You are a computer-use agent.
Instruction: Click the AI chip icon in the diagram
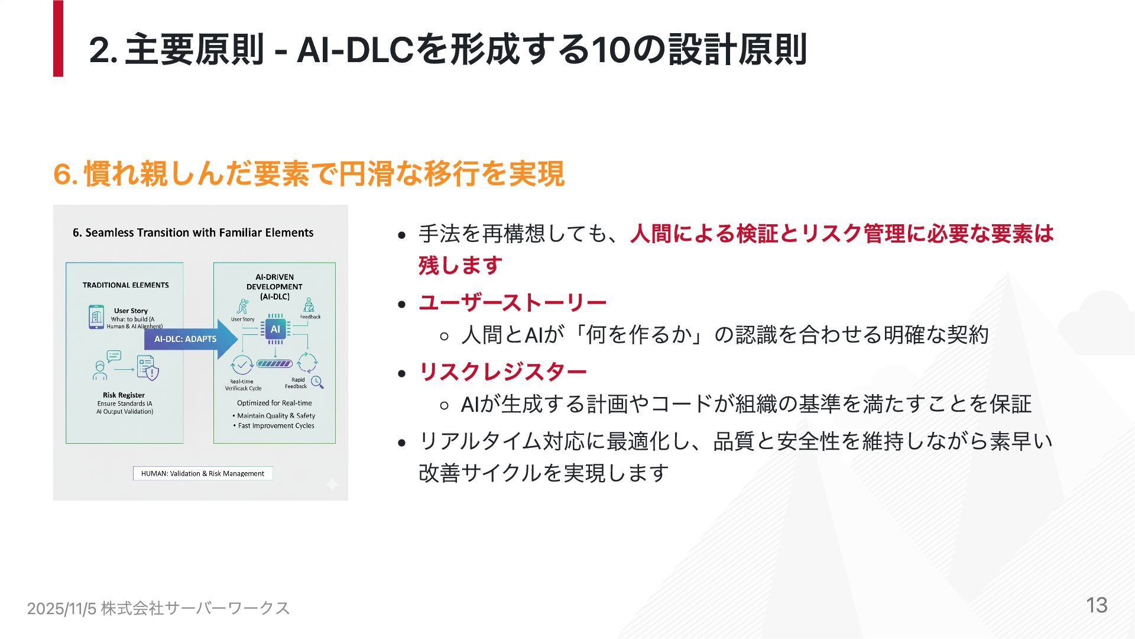pyautogui.click(x=275, y=329)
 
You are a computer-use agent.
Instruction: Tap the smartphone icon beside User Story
pyautogui.click(x=96, y=317)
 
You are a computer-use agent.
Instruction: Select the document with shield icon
pyautogui.click(x=148, y=368)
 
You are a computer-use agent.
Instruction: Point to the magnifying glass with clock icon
pyautogui.click(x=317, y=382)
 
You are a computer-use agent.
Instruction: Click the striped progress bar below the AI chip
pyautogui.click(x=274, y=363)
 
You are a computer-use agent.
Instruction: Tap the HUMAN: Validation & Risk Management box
pyautogui.click(x=202, y=473)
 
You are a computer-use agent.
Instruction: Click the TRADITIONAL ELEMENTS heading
pyautogui.click(x=125, y=285)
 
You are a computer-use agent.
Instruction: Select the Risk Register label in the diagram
pyautogui.click(x=124, y=395)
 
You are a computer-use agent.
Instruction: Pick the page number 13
pyautogui.click(x=1097, y=605)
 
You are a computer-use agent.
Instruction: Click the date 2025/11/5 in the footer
pyautogui.click(x=61, y=609)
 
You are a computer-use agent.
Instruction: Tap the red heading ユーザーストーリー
pyautogui.click(x=512, y=303)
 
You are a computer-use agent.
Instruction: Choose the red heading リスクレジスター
pyautogui.click(x=502, y=372)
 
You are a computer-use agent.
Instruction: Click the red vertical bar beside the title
pyautogui.click(x=58, y=38)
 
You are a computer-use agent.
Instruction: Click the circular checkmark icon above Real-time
pyautogui.click(x=242, y=364)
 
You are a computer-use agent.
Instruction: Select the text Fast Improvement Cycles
pyautogui.click(x=276, y=426)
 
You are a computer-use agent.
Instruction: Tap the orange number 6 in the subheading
pyautogui.click(x=61, y=174)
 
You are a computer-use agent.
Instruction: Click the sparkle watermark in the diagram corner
pyautogui.click(x=332, y=485)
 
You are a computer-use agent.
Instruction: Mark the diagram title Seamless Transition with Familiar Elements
pyautogui.click(x=193, y=233)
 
